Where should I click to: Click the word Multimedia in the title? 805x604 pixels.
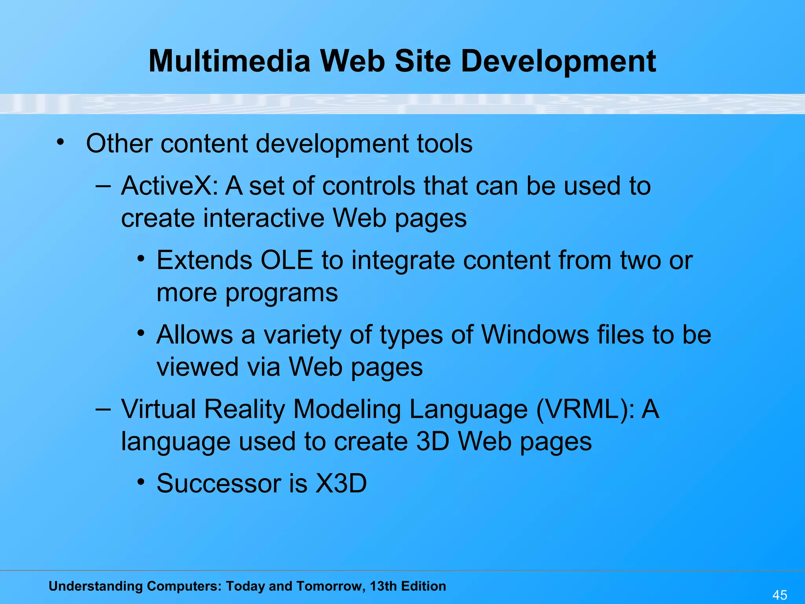230,61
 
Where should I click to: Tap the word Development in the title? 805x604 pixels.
558,62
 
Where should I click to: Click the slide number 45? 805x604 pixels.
780,595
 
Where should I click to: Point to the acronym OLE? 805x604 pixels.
287,260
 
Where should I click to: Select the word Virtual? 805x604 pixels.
158,409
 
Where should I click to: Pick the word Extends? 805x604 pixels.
204,260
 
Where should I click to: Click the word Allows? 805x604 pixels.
195,335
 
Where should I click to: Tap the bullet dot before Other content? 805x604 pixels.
60,142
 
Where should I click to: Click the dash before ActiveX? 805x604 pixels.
103,186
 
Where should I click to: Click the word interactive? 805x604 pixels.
264,218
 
